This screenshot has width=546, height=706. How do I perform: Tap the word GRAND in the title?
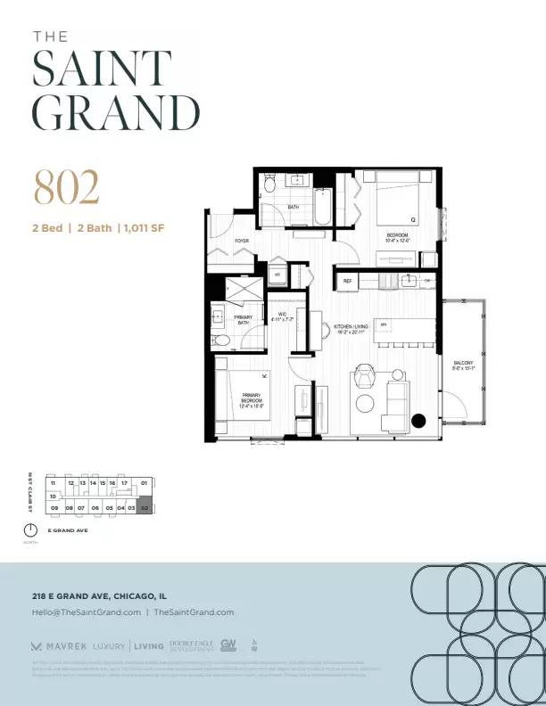click(116, 112)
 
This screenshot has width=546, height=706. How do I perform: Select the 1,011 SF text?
click(144, 228)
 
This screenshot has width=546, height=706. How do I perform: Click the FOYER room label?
click(242, 242)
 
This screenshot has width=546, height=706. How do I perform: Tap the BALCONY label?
click(463, 364)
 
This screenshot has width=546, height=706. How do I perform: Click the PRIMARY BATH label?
click(244, 319)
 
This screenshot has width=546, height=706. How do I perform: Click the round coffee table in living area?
click(366, 404)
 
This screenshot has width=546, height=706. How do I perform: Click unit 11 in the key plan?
click(54, 482)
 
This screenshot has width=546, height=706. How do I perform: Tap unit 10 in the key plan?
click(54, 495)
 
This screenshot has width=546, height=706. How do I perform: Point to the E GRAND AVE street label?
click(69, 531)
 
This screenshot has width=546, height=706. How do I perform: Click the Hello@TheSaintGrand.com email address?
click(87, 612)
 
